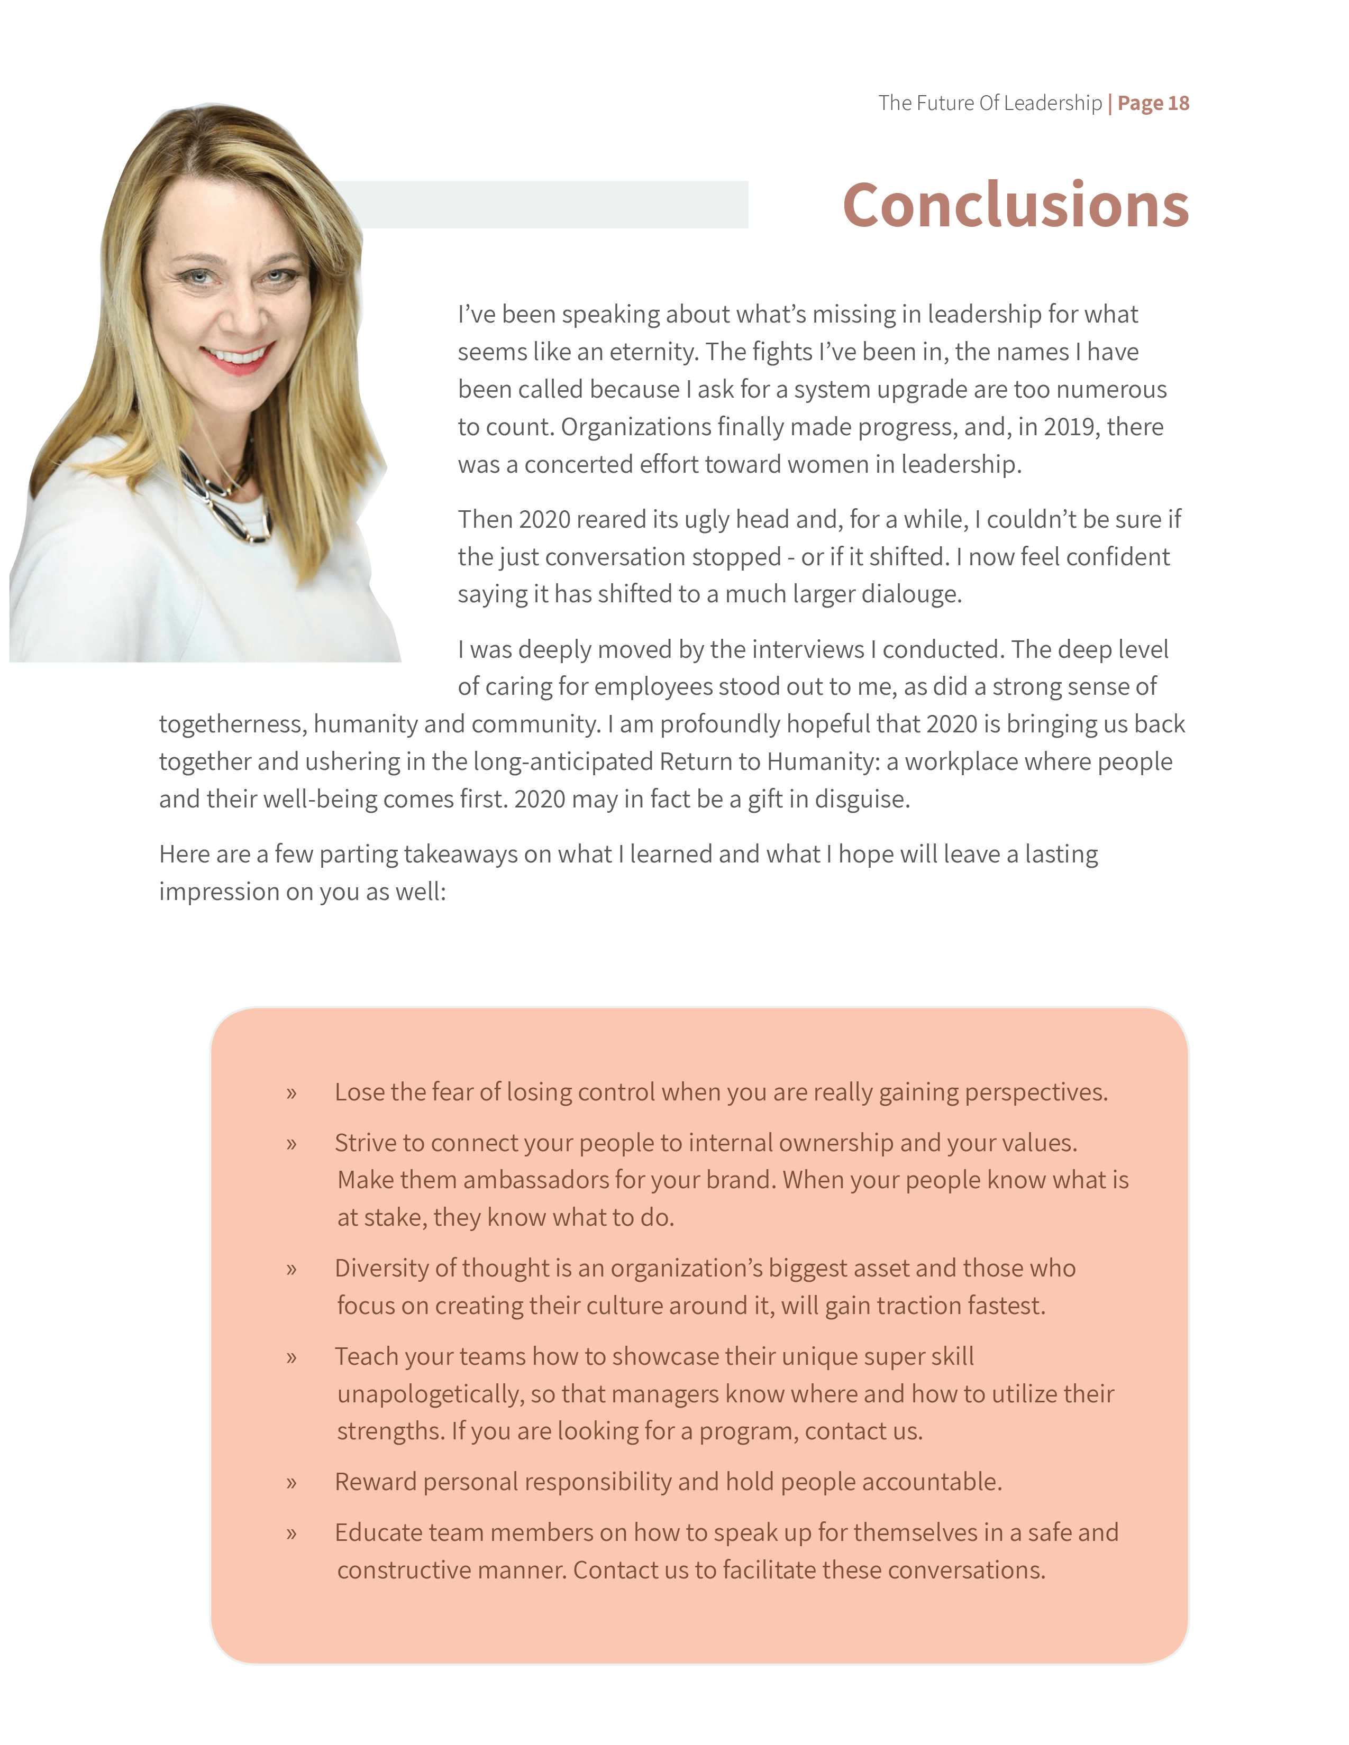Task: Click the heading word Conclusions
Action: pos(1015,205)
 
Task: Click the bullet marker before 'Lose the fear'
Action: pos(291,1093)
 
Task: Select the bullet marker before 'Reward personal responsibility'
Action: pos(291,1483)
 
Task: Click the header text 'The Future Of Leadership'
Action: pos(989,103)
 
